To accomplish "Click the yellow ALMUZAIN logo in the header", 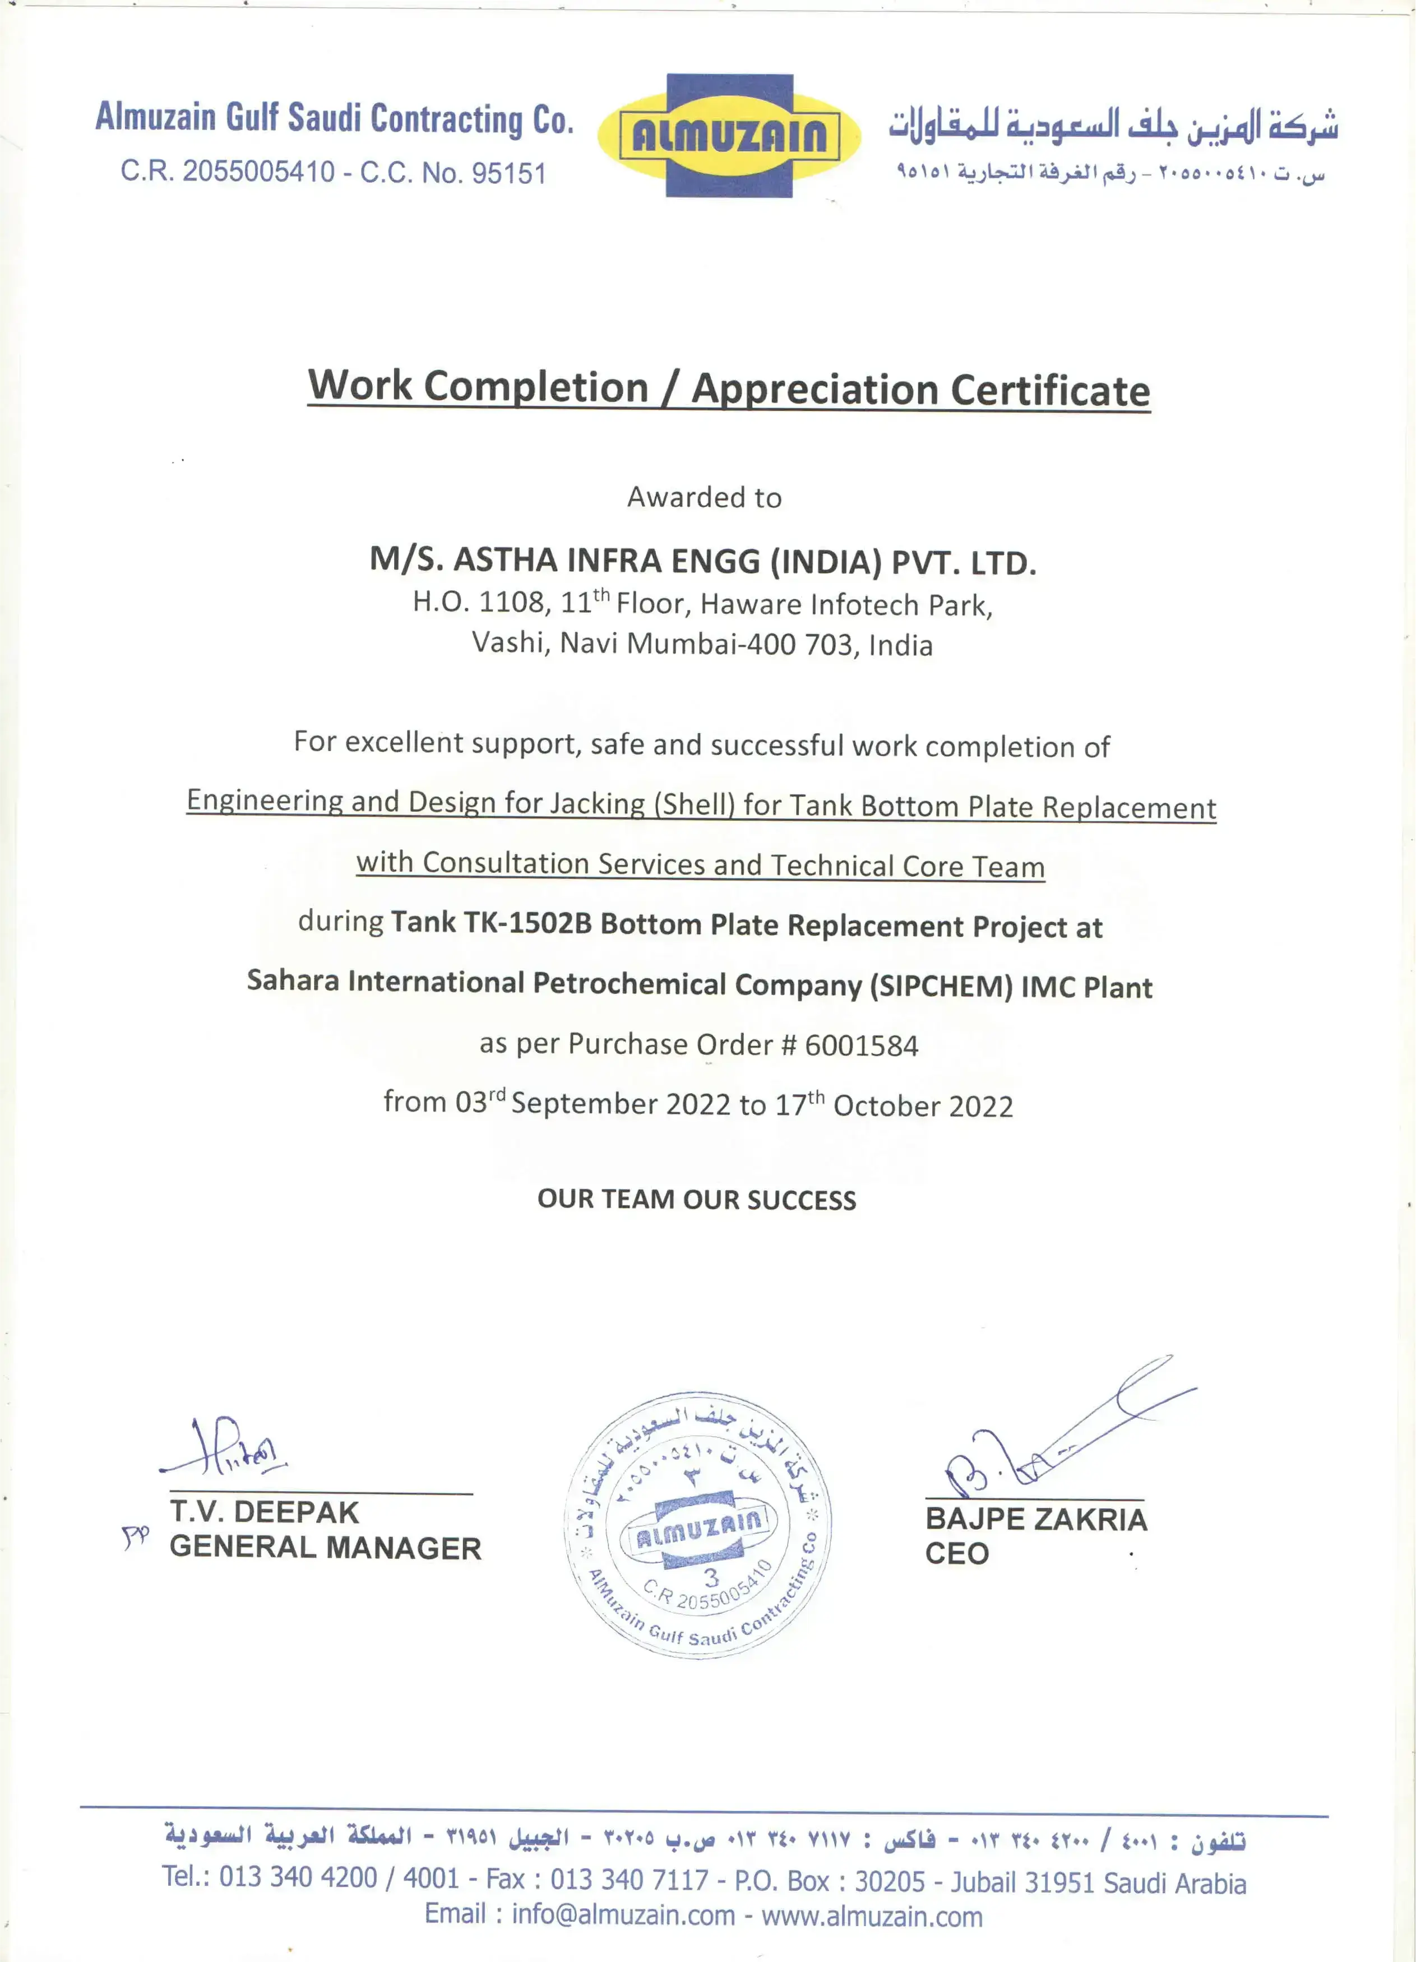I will [x=729, y=136].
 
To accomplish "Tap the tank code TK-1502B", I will [x=527, y=923].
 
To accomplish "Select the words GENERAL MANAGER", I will [x=325, y=1548].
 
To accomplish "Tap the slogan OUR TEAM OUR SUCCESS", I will [x=696, y=1199].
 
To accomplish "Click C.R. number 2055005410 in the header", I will [x=258, y=172].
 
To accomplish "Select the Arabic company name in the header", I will [x=1113, y=126].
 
